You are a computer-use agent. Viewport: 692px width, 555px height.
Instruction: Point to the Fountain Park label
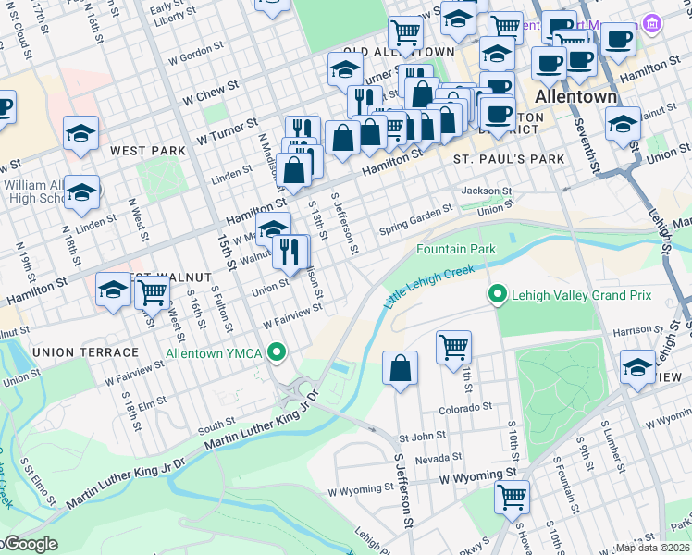tap(456, 250)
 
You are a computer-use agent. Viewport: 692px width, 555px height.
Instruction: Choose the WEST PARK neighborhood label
tap(142, 150)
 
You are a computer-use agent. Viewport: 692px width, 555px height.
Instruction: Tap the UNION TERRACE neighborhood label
tap(84, 352)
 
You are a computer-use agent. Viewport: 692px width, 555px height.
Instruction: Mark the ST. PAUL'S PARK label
tap(509, 159)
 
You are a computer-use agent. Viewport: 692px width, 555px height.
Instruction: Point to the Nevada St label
tap(439, 458)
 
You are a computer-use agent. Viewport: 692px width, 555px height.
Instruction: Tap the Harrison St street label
tap(632, 330)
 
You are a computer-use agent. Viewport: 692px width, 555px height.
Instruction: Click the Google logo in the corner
tap(30, 544)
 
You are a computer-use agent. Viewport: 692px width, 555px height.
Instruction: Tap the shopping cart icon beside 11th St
tap(453, 349)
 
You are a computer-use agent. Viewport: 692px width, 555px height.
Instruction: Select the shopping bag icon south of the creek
tap(400, 368)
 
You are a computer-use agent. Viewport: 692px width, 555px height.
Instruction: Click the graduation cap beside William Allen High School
tap(81, 191)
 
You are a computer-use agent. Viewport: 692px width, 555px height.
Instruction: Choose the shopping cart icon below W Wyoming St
tap(511, 497)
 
